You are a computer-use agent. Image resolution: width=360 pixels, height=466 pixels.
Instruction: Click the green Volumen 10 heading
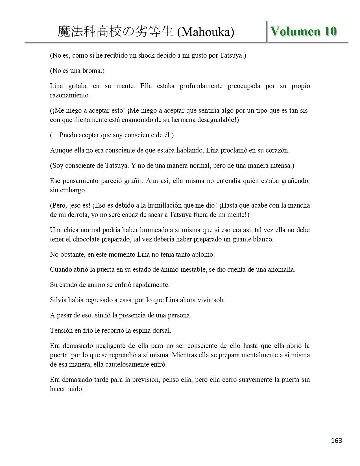tap(304, 31)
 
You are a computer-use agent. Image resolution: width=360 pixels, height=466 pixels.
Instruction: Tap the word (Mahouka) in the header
tap(206, 32)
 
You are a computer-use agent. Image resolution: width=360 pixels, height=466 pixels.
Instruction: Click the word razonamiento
tap(70, 95)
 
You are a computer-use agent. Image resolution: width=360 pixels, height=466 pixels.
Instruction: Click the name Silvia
tap(58, 300)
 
